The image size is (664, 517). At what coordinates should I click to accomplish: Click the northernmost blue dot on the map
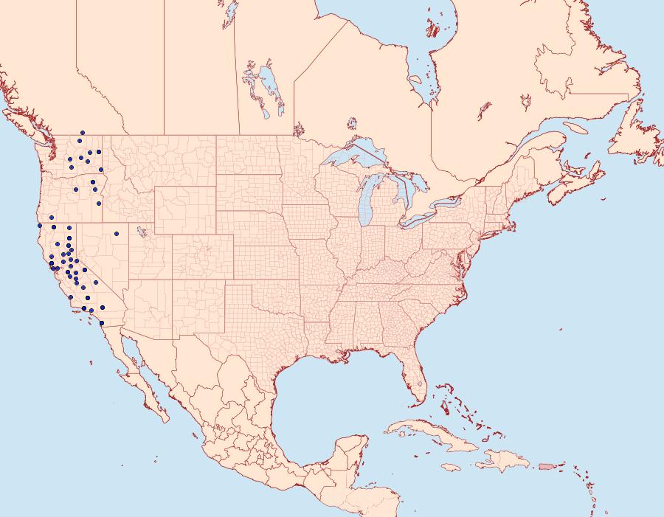pyautogui.click(x=83, y=133)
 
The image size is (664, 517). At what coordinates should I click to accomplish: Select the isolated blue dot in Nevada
pyautogui.click(x=116, y=235)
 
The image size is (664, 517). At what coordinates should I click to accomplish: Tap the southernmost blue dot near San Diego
pyautogui.click(x=101, y=323)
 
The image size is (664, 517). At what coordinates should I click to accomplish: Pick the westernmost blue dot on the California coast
pyautogui.click(x=39, y=226)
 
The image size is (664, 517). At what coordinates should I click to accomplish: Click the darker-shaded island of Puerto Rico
pyautogui.click(x=546, y=465)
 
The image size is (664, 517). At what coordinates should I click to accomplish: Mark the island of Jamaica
pyautogui.click(x=452, y=468)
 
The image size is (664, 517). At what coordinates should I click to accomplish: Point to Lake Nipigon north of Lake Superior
pyautogui.click(x=352, y=122)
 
